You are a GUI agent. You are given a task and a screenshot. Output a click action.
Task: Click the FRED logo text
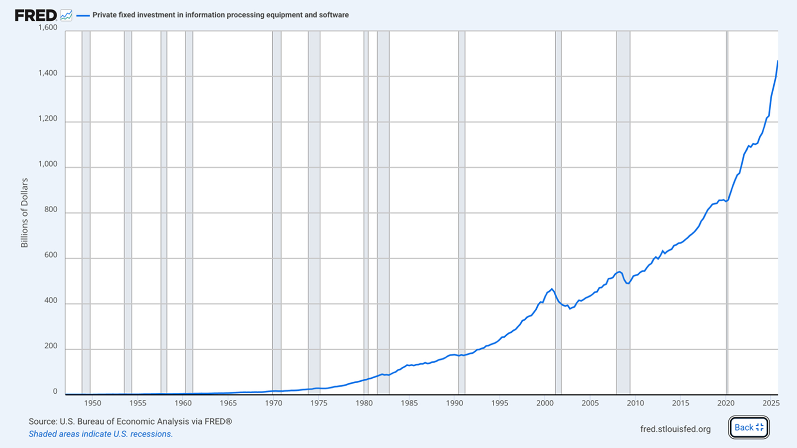pyautogui.click(x=36, y=15)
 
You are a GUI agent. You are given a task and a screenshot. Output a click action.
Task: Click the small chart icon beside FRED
pyautogui.click(x=66, y=15)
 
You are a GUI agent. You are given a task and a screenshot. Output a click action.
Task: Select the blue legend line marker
pyautogui.click(x=83, y=15)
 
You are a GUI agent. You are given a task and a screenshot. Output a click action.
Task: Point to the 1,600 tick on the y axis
pyautogui.click(x=48, y=27)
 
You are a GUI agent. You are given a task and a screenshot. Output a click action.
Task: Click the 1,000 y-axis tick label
pyautogui.click(x=48, y=164)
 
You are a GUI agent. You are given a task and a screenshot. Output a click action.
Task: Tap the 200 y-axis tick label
pyautogui.click(x=51, y=346)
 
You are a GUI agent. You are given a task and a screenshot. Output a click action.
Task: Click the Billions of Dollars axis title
pyautogui.click(x=24, y=213)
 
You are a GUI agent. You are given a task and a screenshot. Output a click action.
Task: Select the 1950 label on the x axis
pyautogui.click(x=92, y=403)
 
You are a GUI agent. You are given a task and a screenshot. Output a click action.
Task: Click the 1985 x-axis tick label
pyautogui.click(x=409, y=403)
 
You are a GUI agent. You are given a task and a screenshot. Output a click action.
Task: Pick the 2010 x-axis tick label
pyautogui.click(x=635, y=403)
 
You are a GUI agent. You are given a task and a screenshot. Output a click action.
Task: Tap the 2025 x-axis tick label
pyautogui.click(x=771, y=403)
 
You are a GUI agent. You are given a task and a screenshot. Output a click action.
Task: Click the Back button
pyautogui.click(x=749, y=427)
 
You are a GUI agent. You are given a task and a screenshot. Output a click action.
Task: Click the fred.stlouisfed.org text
pyautogui.click(x=675, y=429)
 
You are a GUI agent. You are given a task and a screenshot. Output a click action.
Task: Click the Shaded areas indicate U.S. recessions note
pyautogui.click(x=100, y=434)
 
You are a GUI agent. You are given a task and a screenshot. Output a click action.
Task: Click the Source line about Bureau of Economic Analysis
pyautogui.click(x=130, y=421)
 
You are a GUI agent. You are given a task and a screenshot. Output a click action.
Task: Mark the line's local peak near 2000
pyautogui.click(x=552, y=289)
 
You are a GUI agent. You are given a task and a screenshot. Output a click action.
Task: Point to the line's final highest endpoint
pyautogui.click(x=777, y=62)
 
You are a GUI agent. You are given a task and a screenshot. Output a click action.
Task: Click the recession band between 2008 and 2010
pyautogui.click(x=623, y=207)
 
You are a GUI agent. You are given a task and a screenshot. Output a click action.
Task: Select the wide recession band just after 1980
pyautogui.click(x=383, y=207)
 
